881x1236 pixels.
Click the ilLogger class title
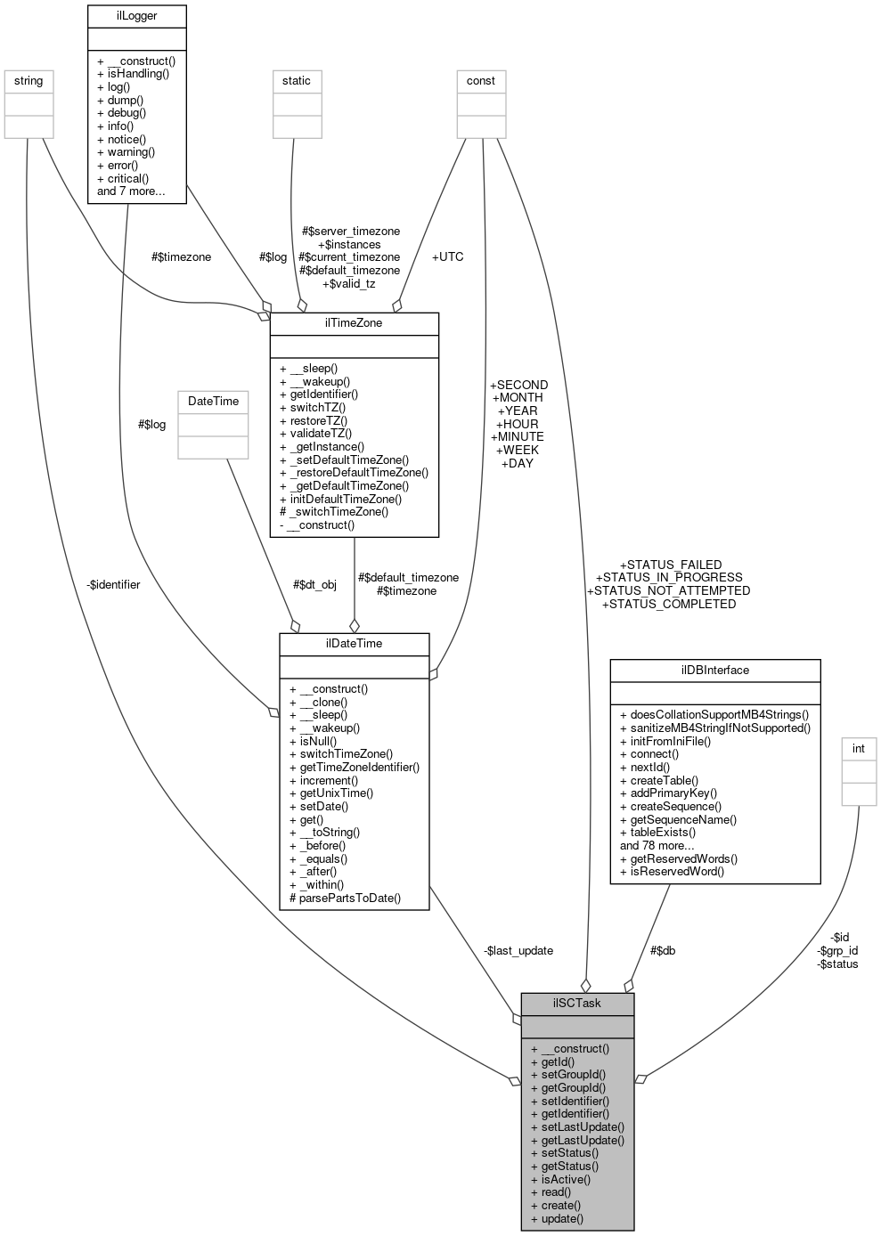pos(136,16)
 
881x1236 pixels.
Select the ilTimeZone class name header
pos(354,322)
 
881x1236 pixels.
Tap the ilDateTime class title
pos(354,643)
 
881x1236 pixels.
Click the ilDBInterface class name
pos(714,670)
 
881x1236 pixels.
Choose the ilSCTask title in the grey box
pos(576,1003)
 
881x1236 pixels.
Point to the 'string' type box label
pos(29,81)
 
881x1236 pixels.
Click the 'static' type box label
pos(297,81)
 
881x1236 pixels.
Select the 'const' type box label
pos(481,81)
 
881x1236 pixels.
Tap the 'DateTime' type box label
pos(213,402)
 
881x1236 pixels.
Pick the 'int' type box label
pos(859,749)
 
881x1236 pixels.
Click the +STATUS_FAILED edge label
pos(670,565)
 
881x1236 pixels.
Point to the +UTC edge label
pos(447,256)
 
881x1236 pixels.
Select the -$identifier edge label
pos(113,585)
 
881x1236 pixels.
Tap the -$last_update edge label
pos(518,950)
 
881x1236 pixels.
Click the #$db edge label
pos(662,950)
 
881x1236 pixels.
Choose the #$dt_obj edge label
pos(314,585)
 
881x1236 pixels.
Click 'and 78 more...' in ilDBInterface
pos(657,846)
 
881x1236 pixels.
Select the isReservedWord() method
pos(672,872)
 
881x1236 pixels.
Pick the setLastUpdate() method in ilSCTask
pos(576,1126)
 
